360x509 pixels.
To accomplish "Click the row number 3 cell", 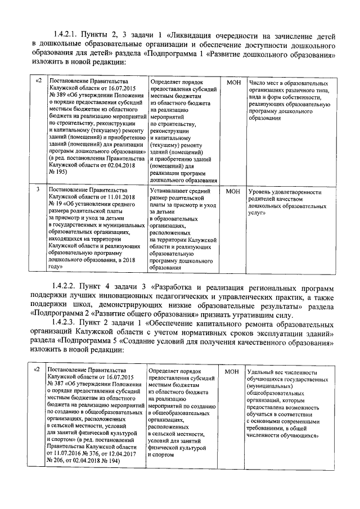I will (37, 191).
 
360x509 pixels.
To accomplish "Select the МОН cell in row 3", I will (233, 191).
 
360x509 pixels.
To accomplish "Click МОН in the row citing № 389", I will (233, 82).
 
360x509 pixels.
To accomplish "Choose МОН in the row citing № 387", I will (232, 372).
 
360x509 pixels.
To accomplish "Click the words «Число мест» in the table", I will (264, 82).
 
